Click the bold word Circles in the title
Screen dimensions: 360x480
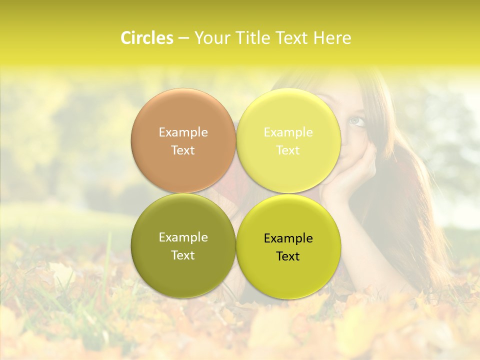click(x=146, y=38)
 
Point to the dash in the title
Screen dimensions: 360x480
click(x=183, y=38)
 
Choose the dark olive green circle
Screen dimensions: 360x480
click(x=183, y=246)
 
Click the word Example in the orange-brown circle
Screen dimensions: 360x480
click(x=183, y=132)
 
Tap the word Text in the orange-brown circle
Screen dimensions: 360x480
click(x=183, y=150)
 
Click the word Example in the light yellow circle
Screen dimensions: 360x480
click(x=288, y=132)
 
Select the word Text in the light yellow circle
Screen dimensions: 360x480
click(x=288, y=150)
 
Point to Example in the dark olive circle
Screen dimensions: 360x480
click(x=183, y=237)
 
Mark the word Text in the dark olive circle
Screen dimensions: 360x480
click(x=183, y=255)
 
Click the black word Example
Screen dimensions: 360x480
click(x=288, y=238)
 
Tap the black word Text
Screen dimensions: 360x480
click(x=288, y=256)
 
